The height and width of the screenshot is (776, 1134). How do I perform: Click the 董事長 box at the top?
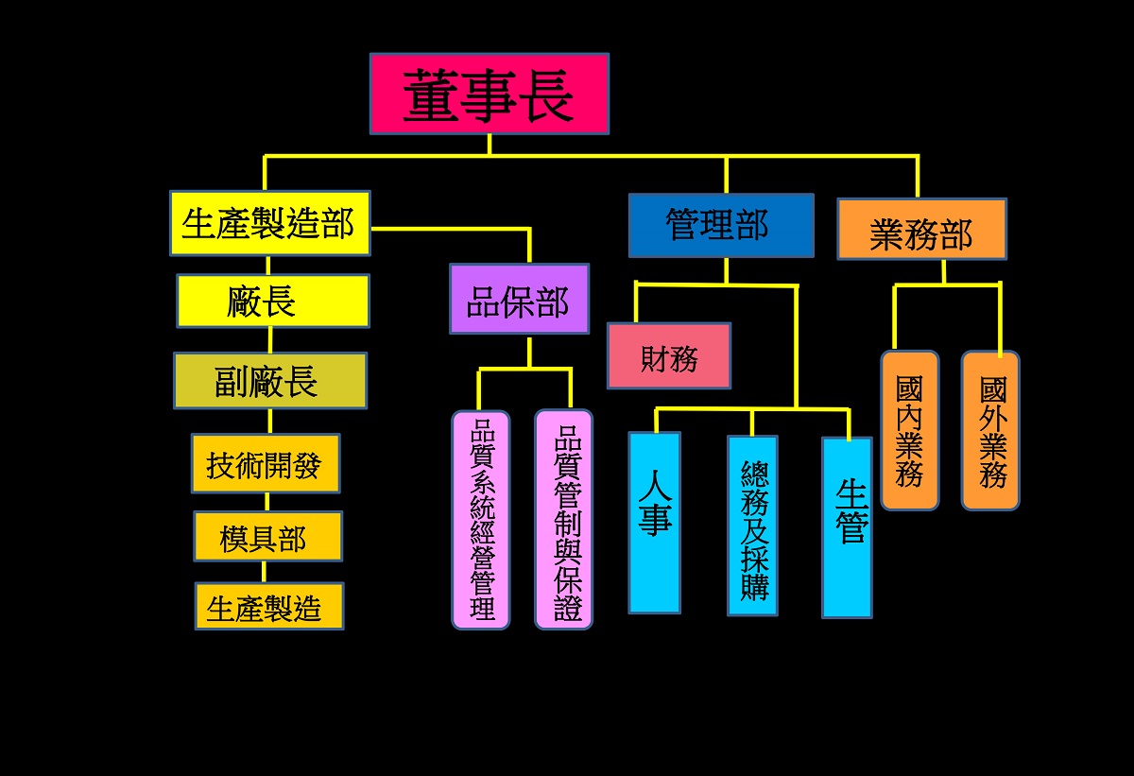pyautogui.click(x=489, y=94)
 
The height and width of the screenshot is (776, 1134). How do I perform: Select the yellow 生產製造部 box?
pyautogui.click(x=269, y=223)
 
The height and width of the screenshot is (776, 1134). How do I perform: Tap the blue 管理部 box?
pyautogui.click(x=720, y=225)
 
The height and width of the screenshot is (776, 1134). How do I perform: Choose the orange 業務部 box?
pyautogui.click(x=920, y=229)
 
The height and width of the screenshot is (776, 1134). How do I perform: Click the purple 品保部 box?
pyautogui.click(x=519, y=299)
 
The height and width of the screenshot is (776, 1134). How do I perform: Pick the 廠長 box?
pyautogui.click(x=272, y=301)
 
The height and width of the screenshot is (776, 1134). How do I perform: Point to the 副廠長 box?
pyautogui.click(x=270, y=381)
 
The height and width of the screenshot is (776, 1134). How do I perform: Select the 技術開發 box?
pyautogui.click(x=266, y=463)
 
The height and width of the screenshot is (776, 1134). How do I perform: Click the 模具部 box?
pyautogui.click(x=267, y=537)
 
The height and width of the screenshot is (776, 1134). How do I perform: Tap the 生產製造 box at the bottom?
pyautogui.click(x=269, y=606)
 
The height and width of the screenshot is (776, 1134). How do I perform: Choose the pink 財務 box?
pyautogui.click(x=668, y=356)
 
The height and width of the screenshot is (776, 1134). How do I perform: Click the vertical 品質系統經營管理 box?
pyautogui.click(x=481, y=520)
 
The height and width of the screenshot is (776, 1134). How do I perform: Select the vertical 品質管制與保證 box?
pyautogui.click(x=564, y=520)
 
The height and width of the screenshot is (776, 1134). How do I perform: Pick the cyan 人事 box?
pyautogui.click(x=654, y=522)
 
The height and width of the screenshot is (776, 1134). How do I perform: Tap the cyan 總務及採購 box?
pyautogui.click(x=752, y=526)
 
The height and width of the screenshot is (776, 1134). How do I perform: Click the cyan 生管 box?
pyautogui.click(x=847, y=527)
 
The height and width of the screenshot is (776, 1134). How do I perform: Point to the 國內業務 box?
pyautogui.click(x=909, y=430)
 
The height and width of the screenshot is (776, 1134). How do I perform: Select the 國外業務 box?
pyautogui.click(x=990, y=430)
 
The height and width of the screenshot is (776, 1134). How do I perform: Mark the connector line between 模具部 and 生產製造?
pyautogui.click(x=264, y=572)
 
